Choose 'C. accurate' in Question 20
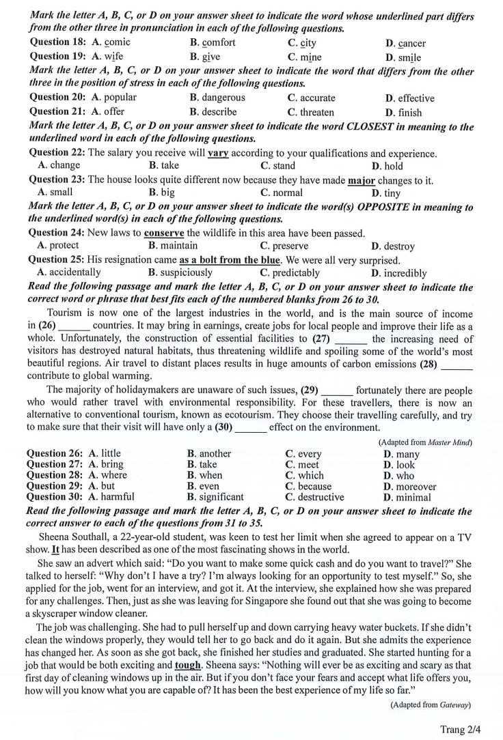[x=311, y=98]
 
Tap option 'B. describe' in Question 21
[x=213, y=112]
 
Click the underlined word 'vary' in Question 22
[x=218, y=154]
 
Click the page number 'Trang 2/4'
[x=461, y=729]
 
